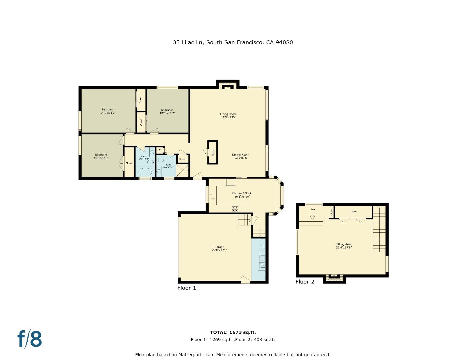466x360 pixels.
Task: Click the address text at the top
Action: click(233, 42)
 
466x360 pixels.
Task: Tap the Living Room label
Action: click(228, 116)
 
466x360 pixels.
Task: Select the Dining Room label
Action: click(240, 156)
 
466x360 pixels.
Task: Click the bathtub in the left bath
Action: click(145, 172)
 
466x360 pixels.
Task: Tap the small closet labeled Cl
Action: click(160, 150)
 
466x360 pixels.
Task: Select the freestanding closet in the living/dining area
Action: click(213, 152)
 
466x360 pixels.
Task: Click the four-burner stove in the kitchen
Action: click(235, 209)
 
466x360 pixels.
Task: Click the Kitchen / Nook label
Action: click(242, 195)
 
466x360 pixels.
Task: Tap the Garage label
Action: click(219, 248)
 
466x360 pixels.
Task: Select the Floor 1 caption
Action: click(187, 288)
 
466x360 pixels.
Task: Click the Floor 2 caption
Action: click(305, 282)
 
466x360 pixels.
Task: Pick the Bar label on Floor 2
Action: click(313, 210)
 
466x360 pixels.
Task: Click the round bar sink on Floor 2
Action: click(312, 217)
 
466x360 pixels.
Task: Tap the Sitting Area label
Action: click(343, 246)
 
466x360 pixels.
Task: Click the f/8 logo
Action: click(30, 339)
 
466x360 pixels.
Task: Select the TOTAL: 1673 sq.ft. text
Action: click(233, 332)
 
